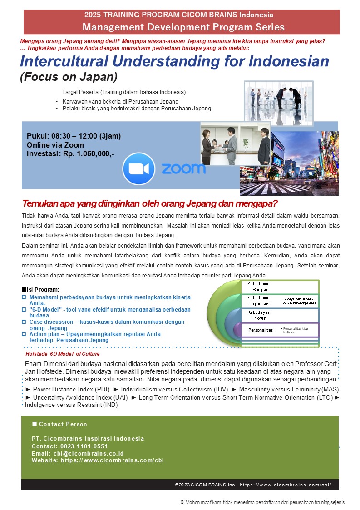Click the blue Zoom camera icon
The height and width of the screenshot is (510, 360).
138,168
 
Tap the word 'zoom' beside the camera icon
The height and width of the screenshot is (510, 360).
183,169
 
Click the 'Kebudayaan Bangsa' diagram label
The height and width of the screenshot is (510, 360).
260,286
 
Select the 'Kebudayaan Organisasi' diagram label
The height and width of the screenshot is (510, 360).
260,301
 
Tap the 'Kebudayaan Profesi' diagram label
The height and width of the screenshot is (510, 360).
260,315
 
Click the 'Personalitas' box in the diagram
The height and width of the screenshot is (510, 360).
261,330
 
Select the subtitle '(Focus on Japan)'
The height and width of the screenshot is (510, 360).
69,76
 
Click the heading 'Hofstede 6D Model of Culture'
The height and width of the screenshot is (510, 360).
62,353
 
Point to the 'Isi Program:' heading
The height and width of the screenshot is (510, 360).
43,289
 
